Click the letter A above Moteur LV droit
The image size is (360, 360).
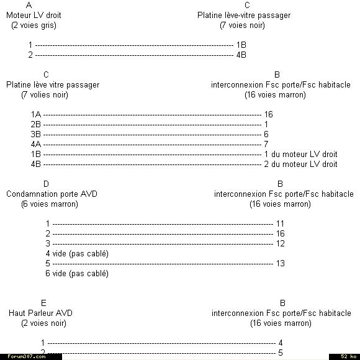point(29,5)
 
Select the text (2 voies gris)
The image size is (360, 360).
point(34,25)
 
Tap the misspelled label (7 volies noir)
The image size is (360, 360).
point(45,95)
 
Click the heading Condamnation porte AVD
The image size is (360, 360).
point(52,194)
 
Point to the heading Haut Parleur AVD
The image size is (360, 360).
point(40,313)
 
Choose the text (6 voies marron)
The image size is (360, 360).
point(50,204)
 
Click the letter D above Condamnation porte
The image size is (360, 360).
point(46,184)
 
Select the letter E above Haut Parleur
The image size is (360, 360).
point(43,303)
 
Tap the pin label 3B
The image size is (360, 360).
point(36,134)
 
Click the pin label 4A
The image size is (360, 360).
point(36,144)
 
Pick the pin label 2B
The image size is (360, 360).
point(36,124)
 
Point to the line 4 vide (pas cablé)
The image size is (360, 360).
point(77,254)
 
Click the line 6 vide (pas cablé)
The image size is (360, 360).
point(77,274)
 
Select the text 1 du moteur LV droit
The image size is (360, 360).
point(301,154)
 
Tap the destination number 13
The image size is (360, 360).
point(281,263)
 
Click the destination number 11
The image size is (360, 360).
point(280,223)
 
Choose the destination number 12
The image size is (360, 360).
point(281,243)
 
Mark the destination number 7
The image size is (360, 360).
point(266,144)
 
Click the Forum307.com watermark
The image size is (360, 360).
point(27,356)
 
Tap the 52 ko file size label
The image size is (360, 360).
point(349,356)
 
